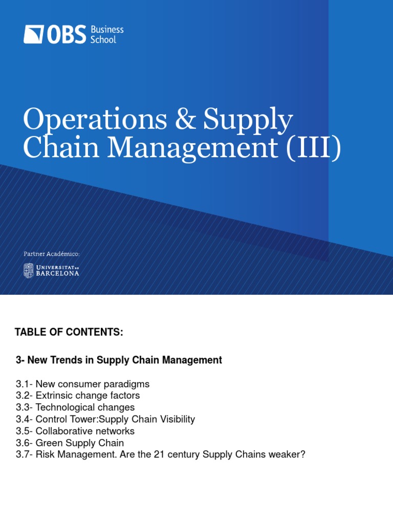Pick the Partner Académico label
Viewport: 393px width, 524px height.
pyautogui.click(x=52, y=254)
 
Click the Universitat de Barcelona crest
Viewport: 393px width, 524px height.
pyautogui.click(x=28, y=270)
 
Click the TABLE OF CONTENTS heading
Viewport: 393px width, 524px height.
pyautogui.click(x=69, y=333)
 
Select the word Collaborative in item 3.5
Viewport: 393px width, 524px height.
pyautogui.click(x=62, y=431)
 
